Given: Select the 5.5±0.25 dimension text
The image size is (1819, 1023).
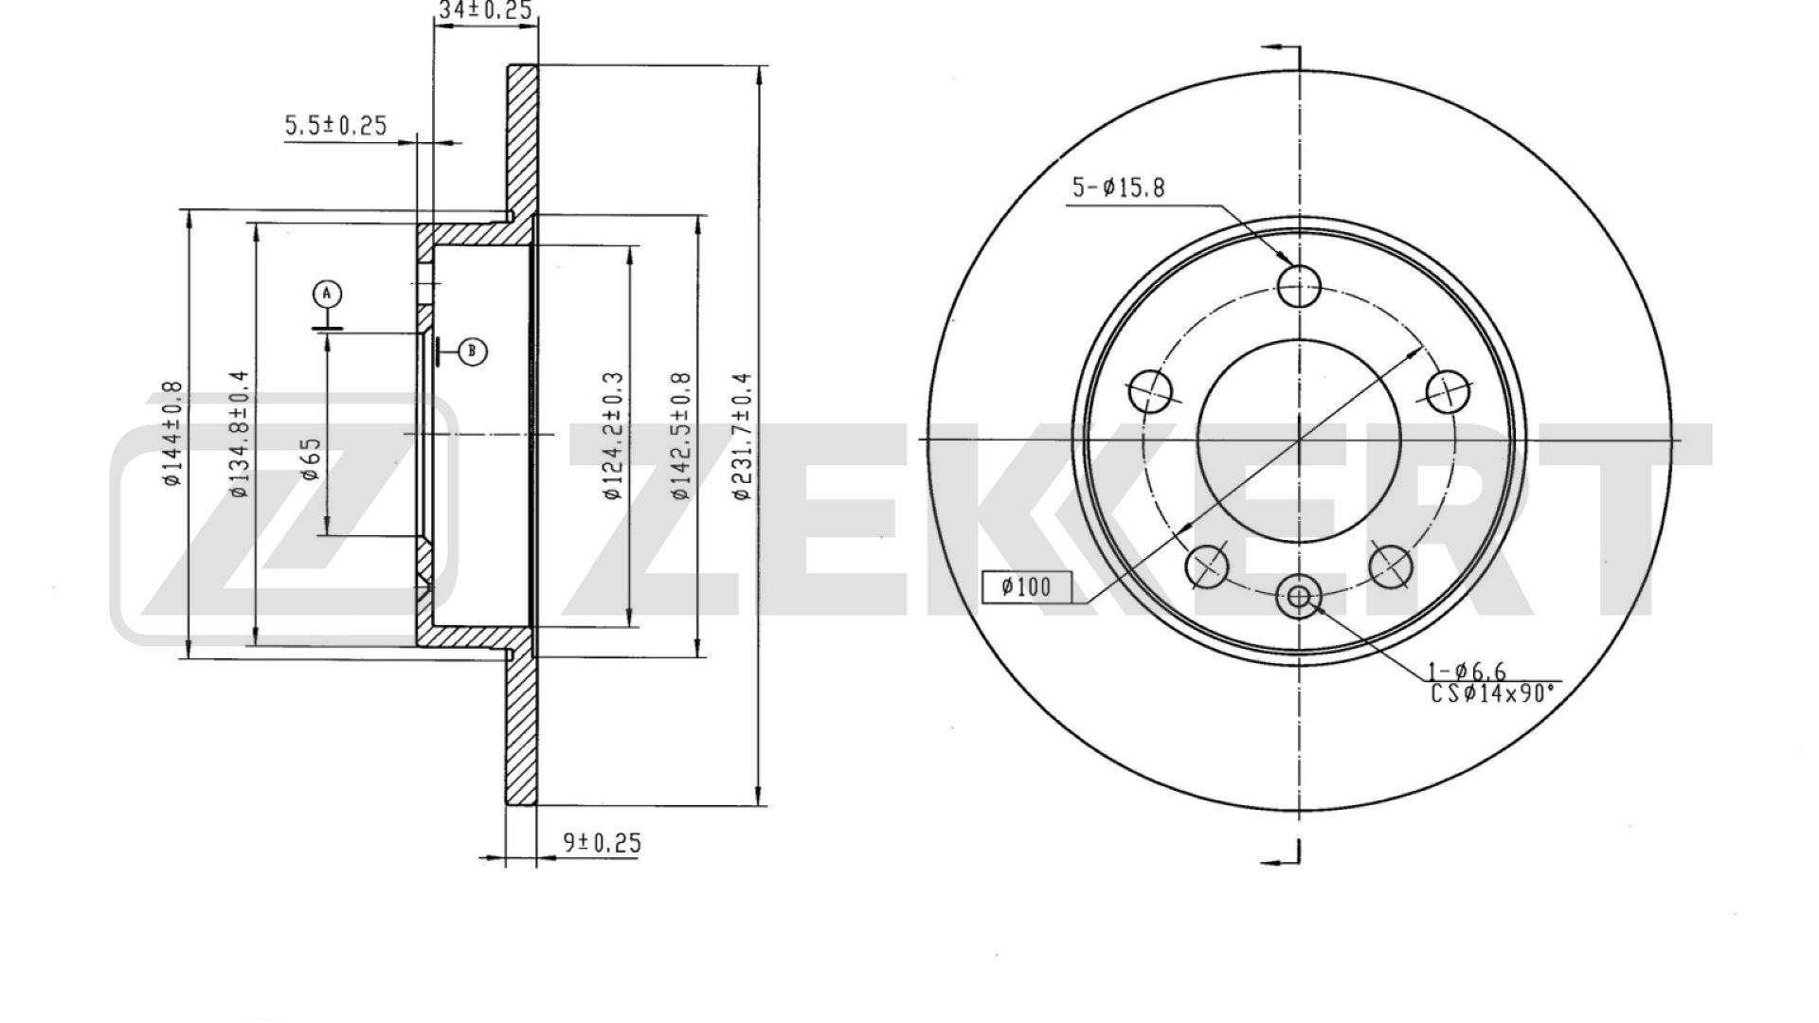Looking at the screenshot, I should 335,125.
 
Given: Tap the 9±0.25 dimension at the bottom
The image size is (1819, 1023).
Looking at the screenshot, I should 603,841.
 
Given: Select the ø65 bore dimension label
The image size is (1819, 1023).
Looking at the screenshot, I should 311,459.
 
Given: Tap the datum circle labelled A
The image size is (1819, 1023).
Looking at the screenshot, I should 327,294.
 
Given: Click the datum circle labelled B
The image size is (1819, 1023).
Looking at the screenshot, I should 473,352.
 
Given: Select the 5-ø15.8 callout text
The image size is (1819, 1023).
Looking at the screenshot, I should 1118,188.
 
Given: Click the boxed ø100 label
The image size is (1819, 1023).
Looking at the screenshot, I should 1026,587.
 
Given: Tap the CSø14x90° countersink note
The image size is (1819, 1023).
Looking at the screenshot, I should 1492,693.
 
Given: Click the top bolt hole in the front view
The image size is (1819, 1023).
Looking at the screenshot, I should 1298,285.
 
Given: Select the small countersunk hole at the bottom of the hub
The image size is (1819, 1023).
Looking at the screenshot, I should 1298,596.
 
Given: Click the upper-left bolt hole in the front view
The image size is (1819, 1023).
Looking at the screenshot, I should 1150,390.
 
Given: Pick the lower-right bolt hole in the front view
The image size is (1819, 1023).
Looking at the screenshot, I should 1390,566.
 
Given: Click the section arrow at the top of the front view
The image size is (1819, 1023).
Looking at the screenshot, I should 1281,48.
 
